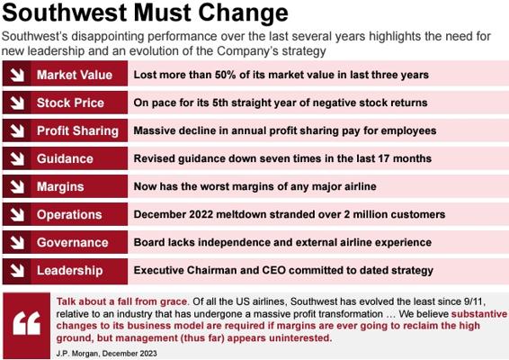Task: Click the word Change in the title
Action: (243, 13)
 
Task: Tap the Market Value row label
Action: (75, 75)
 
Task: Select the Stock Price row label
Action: (70, 103)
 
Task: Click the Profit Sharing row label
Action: (77, 130)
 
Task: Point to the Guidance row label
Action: (65, 159)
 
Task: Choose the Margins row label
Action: (60, 187)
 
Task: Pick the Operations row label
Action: (69, 215)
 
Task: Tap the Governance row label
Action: (72, 243)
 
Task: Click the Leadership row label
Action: (70, 271)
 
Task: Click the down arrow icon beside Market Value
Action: (17, 75)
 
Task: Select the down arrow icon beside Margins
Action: (17, 186)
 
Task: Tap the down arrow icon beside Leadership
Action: (17, 270)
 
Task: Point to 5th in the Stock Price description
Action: (220, 103)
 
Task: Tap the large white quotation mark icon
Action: (27, 323)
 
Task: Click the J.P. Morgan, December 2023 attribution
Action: (106, 353)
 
